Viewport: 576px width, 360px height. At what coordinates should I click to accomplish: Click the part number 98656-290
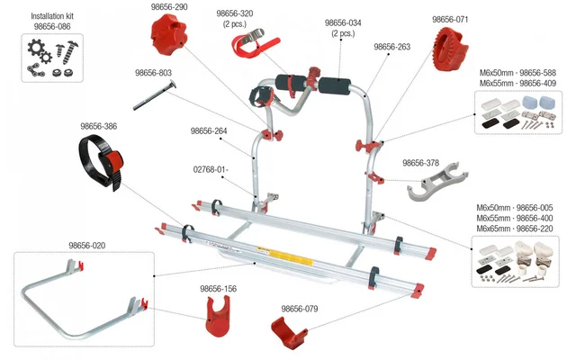click(x=168, y=7)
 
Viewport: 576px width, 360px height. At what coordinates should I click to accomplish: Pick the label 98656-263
click(x=391, y=47)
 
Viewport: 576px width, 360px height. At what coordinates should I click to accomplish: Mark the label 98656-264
click(x=209, y=130)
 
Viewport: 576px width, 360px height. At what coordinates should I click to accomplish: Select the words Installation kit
click(x=52, y=16)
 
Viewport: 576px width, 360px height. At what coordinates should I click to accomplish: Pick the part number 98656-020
click(x=86, y=245)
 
